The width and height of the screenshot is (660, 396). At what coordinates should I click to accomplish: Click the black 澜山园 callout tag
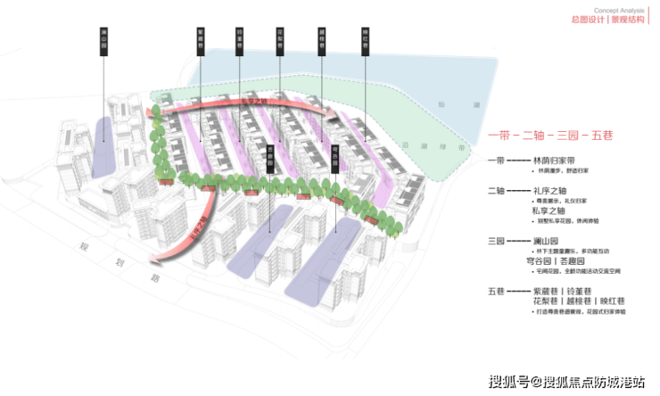(x=103, y=43)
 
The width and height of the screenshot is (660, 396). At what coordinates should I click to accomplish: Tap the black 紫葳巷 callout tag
(x=202, y=43)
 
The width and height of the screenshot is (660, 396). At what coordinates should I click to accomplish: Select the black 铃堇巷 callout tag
(x=241, y=43)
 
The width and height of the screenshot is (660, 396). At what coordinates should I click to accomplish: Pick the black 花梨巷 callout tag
(x=281, y=43)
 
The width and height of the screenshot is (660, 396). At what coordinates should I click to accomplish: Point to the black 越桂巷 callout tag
(x=322, y=43)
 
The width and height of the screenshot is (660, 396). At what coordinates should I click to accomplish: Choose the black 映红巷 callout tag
(x=366, y=43)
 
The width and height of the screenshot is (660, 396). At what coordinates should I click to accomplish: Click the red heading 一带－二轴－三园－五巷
(x=551, y=136)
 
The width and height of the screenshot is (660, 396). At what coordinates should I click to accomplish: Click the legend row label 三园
(x=497, y=241)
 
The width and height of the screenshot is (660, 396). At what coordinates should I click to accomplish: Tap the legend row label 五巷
(x=497, y=291)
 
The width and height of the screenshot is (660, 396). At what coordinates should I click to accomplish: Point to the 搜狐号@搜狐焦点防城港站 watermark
(x=565, y=382)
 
